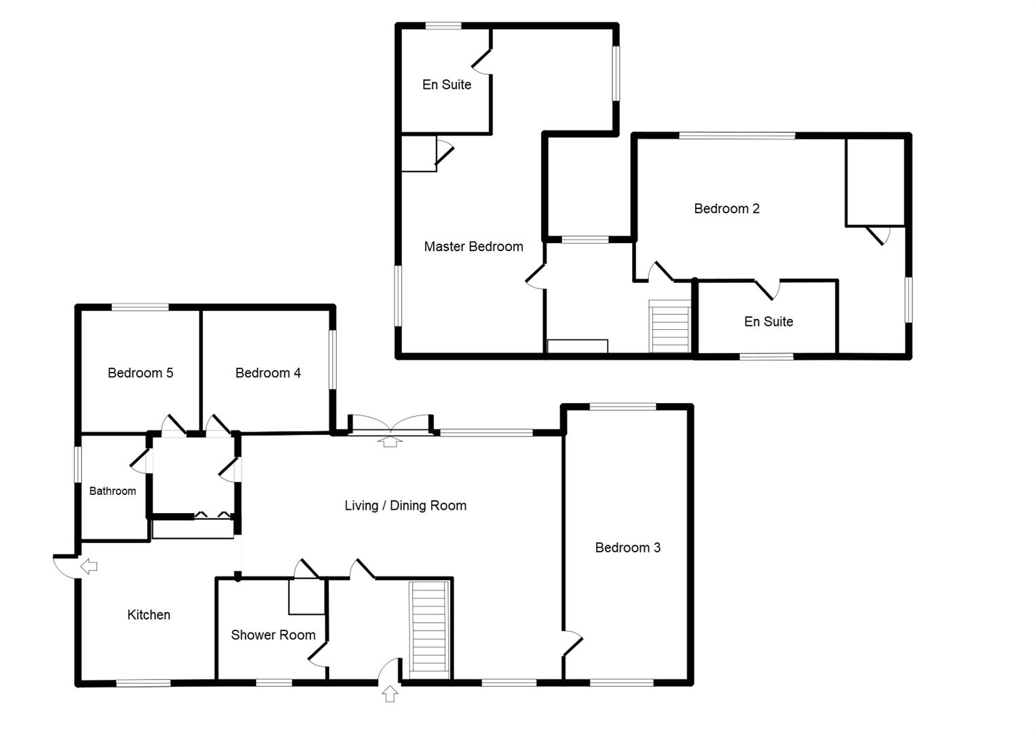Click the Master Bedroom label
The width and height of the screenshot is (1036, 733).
pyautogui.click(x=473, y=247)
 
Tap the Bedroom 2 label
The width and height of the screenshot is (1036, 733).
pyautogui.click(x=726, y=209)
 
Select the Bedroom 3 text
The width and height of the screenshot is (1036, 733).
pyautogui.click(x=627, y=548)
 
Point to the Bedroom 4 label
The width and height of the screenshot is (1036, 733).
pyautogui.click(x=267, y=373)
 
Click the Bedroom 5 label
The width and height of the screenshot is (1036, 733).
pyautogui.click(x=140, y=373)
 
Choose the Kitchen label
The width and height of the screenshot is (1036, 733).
pyautogui.click(x=149, y=615)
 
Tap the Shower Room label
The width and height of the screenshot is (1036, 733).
pyautogui.click(x=273, y=635)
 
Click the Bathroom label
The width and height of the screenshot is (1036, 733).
pyautogui.click(x=113, y=491)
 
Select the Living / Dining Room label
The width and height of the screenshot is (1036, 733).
pyautogui.click(x=405, y=506)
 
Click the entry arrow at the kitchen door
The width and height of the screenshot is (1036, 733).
pyautogui.click(x=89, y=566)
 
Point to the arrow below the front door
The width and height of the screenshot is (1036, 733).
pyautogui.click(x=390, y=694)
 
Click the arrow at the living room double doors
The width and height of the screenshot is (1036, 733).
pyautogui.click(x=390, y=442)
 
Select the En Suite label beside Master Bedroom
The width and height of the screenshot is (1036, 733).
pyautogui.click(x=447, y=85)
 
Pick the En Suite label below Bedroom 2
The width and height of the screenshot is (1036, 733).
pyautogui.click(x=769, y=322)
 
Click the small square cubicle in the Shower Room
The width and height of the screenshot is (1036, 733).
pyautogui.click(x=306, y=597)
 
